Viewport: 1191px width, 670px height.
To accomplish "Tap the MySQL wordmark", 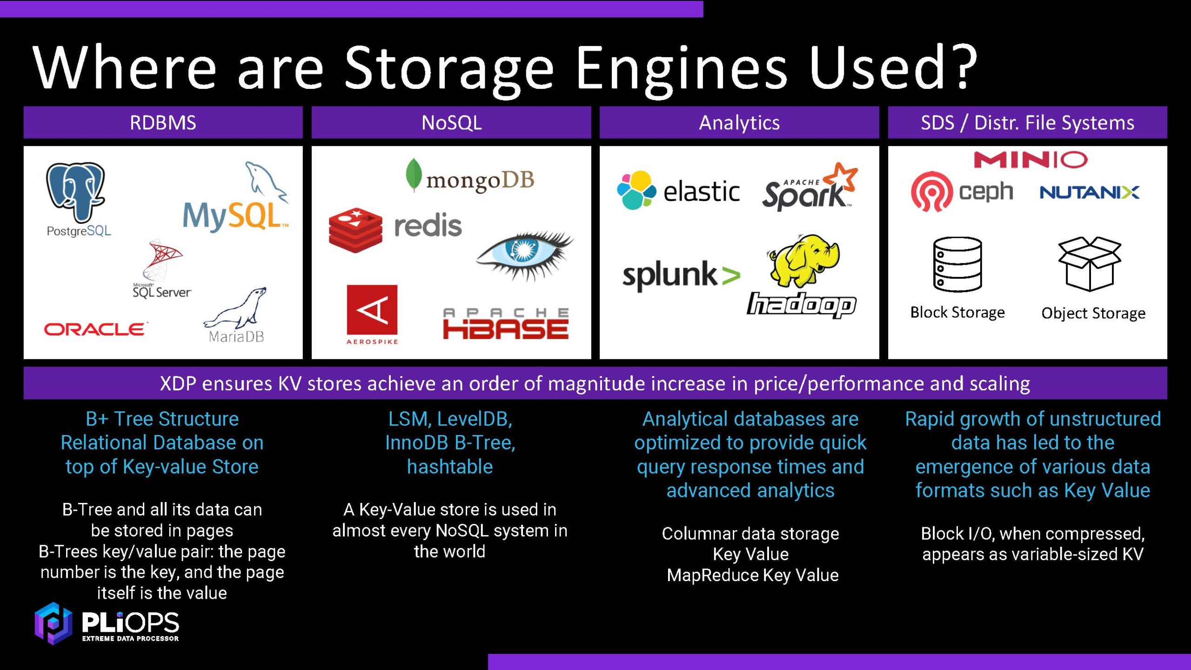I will pos(233,216).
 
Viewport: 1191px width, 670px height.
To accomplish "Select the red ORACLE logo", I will pos(95,329).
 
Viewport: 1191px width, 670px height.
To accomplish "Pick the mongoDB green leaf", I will pos(413,175).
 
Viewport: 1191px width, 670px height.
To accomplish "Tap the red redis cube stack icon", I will pos(355,230).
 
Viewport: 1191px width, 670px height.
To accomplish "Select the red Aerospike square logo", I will pos(372,310).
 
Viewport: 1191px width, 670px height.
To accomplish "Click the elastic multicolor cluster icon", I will pos(636,190).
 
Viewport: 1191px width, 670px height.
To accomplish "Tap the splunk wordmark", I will pos(670,275).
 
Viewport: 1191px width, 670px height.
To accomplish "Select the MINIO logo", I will pos(1030,160).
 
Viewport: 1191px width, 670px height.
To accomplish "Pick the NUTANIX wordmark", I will pos(1089,192).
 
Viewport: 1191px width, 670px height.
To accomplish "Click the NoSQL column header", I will pos(451,123).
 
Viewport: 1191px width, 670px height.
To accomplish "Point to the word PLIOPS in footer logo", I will pos(130,622).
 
